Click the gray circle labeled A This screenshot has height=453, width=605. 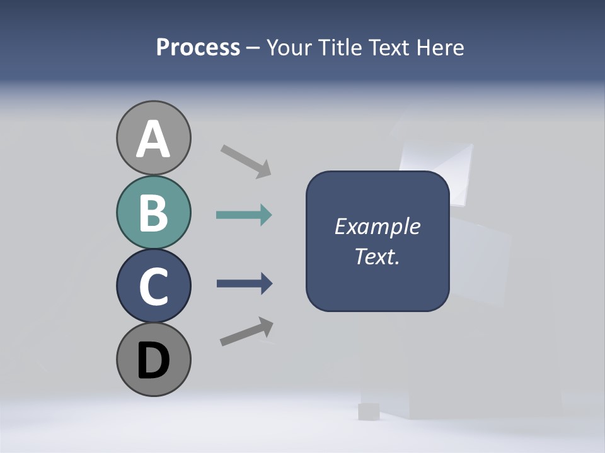pyautogui.click(x=153, y=138)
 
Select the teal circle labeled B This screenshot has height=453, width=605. pyautogui.click(x=153, y=213)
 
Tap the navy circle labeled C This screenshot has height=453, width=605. pyautogui.click(x=153, y=286)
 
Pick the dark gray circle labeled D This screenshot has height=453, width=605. pyautogui.click(x=153, y=359)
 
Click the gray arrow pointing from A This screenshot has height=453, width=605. pyautogui.click(x=246, y=161)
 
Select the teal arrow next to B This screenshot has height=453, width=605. pyautogui.click(x=244, y=215)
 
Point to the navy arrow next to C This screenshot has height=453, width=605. pyautogui.click(x=244, y=284)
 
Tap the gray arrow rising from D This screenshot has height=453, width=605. pyautogui.click(x=246, y=332)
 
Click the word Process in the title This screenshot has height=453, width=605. pyautogui.click(x=198, y=48)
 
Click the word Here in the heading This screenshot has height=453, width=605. pyautogui.click(x=439, y=48)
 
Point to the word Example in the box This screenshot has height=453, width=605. pyautogui.click(x=377, y=226)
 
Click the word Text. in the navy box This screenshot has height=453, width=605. pyautogui.click(x=377, y=256)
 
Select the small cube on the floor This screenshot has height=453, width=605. pyautogui.click(x=367, y=411)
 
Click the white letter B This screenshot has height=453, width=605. pyautogui.click(x=153, y=213)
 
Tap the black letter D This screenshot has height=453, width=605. pyautogui.click(x=153, y=360)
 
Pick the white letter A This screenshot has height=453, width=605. pyautogui.click(x=153, y=139)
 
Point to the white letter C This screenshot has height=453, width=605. pyautogui.click(x=153, y=286)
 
